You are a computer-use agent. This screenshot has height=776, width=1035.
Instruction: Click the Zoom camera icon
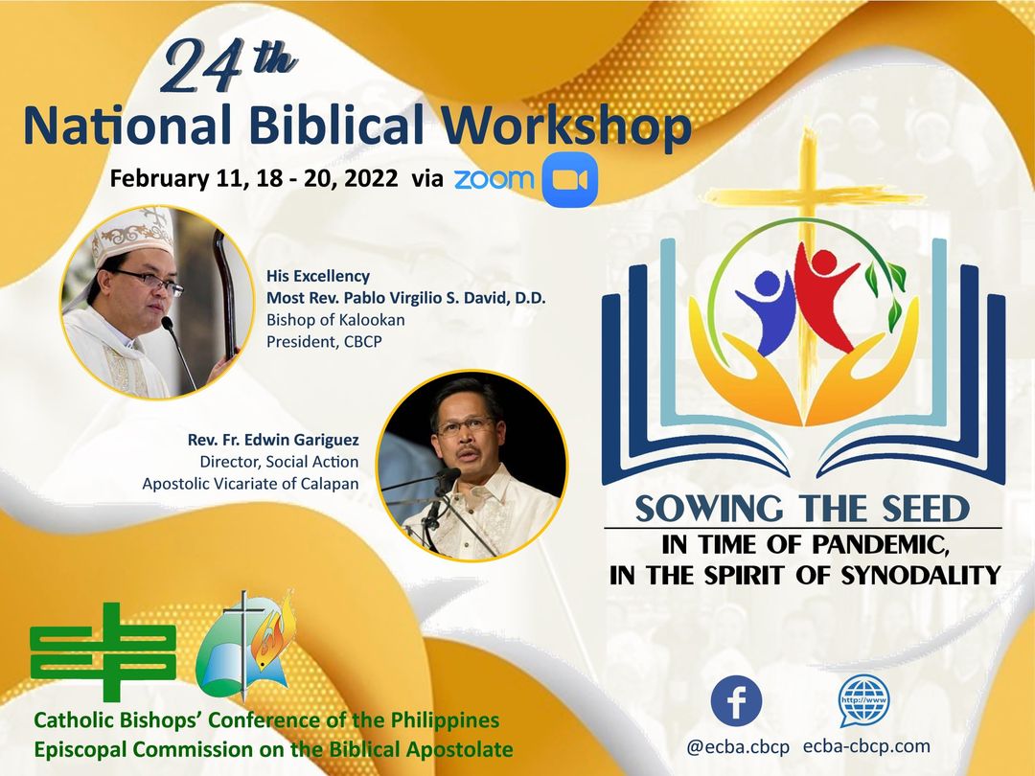click(569, 179)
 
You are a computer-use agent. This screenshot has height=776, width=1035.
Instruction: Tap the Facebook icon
click(736, 700)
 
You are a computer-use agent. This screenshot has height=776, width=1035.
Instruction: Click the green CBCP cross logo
click(103, 652)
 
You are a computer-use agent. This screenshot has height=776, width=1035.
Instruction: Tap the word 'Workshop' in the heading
click(565, 126)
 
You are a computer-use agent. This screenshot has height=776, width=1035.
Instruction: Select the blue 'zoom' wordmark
click(494, 179)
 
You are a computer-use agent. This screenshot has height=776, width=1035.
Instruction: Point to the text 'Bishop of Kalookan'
click(335, 320)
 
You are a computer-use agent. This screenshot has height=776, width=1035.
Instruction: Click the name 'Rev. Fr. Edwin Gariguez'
click(273, 440)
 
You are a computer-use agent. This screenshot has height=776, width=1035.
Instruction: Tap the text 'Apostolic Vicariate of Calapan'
click(251, 484)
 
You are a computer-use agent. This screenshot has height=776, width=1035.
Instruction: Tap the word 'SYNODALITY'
click(922, 575)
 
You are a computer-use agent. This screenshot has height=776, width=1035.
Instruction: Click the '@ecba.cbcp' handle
click(738, 747)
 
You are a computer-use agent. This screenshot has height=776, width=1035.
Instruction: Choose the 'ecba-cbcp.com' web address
click(866, 746)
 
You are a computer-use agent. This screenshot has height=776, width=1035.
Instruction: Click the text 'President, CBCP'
click(324, 342)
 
